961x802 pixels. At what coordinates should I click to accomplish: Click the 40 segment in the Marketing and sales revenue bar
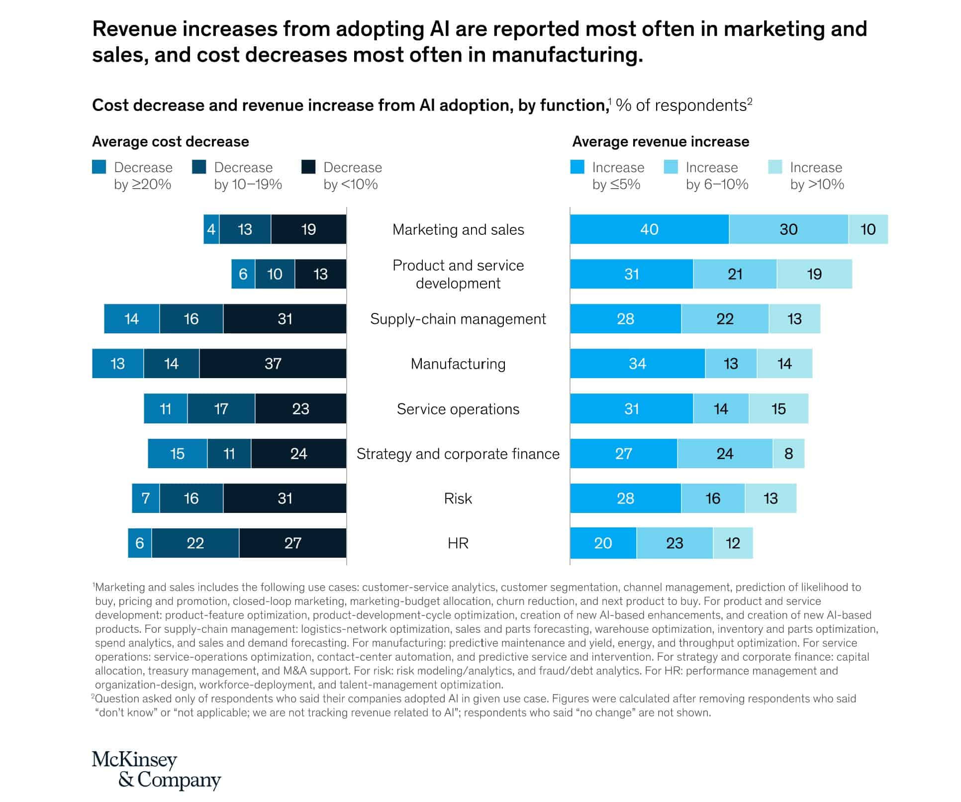point(649,229)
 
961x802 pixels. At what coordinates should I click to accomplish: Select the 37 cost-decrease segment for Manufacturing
point(273,364)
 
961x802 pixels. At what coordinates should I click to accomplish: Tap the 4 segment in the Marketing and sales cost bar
point(211,229)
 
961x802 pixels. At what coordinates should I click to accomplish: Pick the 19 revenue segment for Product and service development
point(814,274)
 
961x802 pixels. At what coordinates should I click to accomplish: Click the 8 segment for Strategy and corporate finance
point(788,454)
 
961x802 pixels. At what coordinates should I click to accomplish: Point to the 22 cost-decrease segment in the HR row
point(195,543)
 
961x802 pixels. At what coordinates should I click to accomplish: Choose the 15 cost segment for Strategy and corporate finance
point(177,454)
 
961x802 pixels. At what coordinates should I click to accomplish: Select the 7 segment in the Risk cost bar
point(145,499)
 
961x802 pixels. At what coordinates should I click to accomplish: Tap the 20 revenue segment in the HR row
point(603,543)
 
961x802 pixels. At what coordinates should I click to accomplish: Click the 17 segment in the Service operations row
point(221,409)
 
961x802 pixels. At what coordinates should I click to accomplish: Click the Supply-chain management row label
point(458,319)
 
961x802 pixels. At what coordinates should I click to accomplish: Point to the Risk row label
point(458,499)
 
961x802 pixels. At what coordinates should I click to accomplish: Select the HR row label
point(458,543)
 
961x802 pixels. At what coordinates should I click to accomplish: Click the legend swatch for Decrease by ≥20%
point(99,167)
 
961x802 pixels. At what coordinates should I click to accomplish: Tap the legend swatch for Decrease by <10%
point(308,167)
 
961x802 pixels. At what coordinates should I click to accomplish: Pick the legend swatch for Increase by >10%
point(775,167)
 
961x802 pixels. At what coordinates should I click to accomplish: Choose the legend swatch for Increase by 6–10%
point(671,167)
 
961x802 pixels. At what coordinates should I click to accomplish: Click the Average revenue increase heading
point(660,142)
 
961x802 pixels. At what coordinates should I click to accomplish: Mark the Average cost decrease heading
point(170,142)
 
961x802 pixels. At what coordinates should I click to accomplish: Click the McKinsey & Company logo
point(156,770)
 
